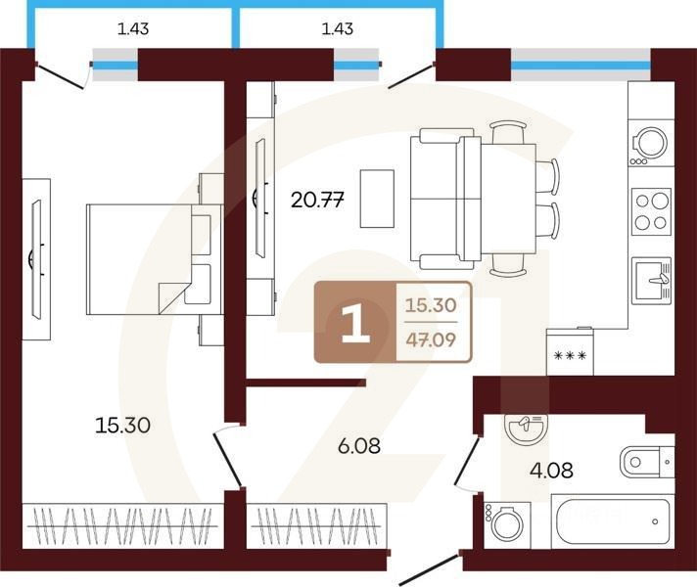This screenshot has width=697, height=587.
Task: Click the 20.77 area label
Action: pos(317,200)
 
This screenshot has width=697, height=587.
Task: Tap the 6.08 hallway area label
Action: pos(358,446)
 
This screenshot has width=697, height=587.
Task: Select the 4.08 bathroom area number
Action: pos(551,471)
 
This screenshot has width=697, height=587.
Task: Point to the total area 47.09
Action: pos(431,339)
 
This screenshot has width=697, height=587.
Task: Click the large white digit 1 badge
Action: pos(355,321)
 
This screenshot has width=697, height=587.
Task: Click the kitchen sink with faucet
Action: pos(651,281)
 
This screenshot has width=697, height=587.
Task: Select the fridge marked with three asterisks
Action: pos(570,351)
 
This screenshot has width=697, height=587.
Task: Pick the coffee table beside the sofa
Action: pos(377,199)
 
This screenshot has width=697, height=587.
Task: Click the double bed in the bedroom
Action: pos(155,259)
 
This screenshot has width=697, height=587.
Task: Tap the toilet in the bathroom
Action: pos(647,462)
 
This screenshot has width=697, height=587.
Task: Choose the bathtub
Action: pos(613,520)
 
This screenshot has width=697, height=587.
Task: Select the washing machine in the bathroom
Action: pos(507,525)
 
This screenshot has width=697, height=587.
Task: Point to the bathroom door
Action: pos(466,461)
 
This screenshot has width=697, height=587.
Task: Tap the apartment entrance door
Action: pos(430,567)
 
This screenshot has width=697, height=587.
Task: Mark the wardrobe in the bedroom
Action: pos(122,525)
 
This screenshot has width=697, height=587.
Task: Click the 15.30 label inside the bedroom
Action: pos(122,426)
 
